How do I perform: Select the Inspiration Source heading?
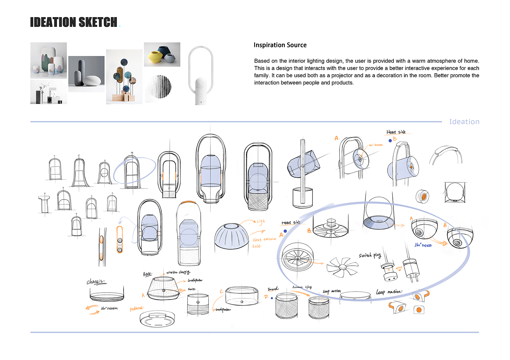tap(280, 45)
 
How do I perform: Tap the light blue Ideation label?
tap(464, 122)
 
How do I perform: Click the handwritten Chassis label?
tap(95, 281)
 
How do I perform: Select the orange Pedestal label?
tap(137, 308)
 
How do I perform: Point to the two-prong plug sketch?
tap(411, 271)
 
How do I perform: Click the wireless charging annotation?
tap(178, 272)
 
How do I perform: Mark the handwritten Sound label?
tap(272, 289)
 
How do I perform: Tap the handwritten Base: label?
tap(147, 274)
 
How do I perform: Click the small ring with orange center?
tap(423, 197)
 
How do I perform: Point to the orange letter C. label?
tap(221, 292)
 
